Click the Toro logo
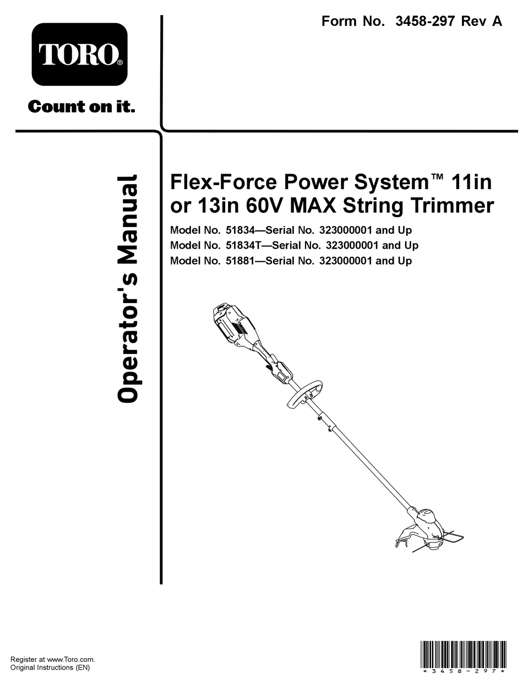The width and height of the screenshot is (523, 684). (79, 55)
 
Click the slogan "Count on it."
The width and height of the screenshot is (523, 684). (81, 106)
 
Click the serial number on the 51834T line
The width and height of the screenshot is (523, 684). (349, 245)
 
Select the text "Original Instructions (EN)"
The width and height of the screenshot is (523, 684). (50, 667)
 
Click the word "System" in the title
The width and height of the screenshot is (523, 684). (388, 182)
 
